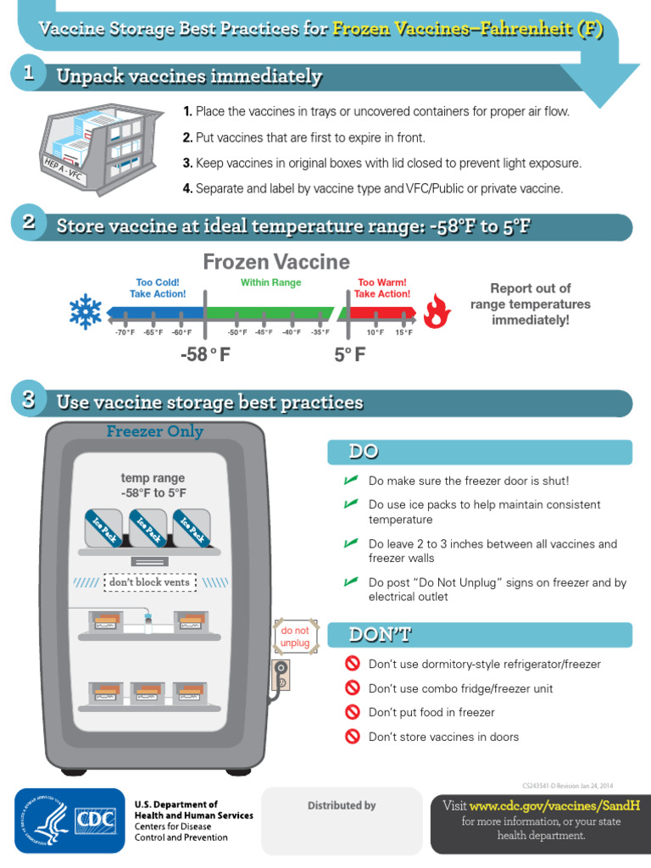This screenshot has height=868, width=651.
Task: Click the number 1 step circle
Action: [28, 75]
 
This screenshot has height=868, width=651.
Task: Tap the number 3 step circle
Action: [28, 400]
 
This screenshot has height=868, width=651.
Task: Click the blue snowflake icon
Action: [85, 313]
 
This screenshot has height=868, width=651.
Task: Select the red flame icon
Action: [437, 312]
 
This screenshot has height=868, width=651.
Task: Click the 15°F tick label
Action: [403, 332]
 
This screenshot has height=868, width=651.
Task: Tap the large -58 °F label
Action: [205, 354]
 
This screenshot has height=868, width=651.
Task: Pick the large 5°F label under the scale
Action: [349, 354]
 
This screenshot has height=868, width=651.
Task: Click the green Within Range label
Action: [270, 282]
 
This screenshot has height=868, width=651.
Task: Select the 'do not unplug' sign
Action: [295, 637]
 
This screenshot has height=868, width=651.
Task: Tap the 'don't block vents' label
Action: [149, 582]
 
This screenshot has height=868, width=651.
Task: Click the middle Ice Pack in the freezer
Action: [146, 527]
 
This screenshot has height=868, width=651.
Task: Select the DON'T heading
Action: [370, 634]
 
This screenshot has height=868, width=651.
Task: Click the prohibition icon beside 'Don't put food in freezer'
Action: [353, 713]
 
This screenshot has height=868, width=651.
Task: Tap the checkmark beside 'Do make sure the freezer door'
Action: [350, 481]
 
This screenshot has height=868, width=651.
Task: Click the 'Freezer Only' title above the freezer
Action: [154, 431]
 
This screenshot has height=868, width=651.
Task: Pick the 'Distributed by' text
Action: [342, 805]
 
